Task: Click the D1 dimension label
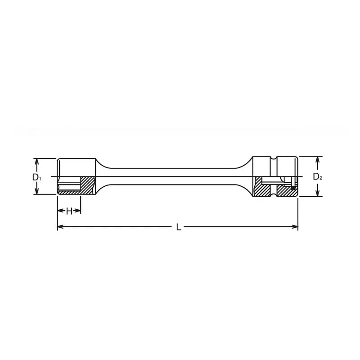pos(37,177)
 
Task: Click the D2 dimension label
pos(318,177)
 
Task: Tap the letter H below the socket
pos(69,211)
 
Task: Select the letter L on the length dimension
pos(178,228)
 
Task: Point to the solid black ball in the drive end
pos(293,188)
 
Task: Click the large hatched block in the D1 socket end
pos(87,184)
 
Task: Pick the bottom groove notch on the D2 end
pos(275,196)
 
